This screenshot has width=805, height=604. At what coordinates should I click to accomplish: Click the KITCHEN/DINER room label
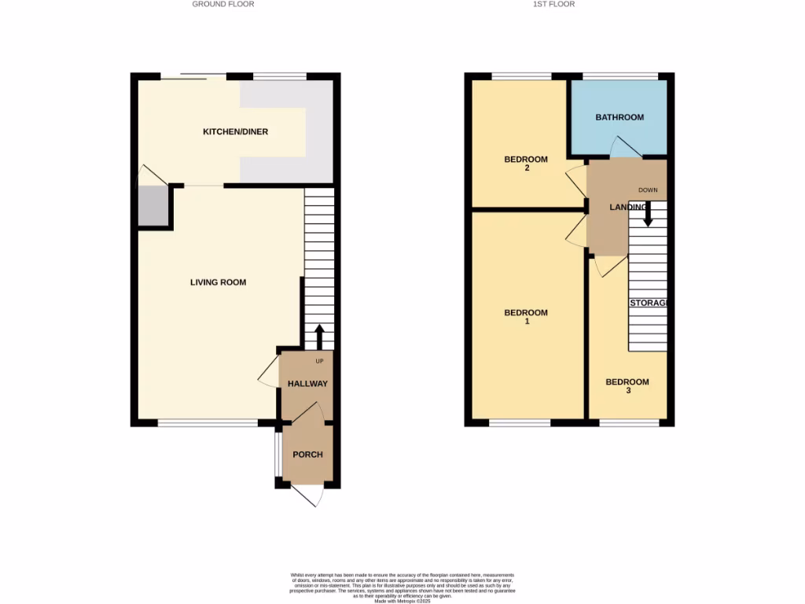pyautogui.click(x=235, y=131)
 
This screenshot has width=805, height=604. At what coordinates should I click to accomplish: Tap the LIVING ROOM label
pyautogui.click(x=218, y=282)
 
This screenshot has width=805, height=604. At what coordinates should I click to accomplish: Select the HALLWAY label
pyautogui.click(x=307, y=384)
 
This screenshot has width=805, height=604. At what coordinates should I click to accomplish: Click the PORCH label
pyautogui.click(x=307, y=455)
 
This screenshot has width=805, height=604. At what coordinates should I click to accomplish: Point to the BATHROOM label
pyautogui.click(x=619, y=117)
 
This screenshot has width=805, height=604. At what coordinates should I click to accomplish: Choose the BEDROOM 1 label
pyautogui.click(x=525, y=317)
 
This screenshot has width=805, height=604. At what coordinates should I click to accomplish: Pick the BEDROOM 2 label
pyautogui.click(x=525, y=164)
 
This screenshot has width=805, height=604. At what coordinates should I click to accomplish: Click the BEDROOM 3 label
pyautogui.click(x=627, y=386)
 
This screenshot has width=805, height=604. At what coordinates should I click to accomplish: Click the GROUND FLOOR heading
pyautogui.click(x=223, y=4)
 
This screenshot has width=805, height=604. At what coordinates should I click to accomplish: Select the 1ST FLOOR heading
pyautogui.click(x=554, y=4)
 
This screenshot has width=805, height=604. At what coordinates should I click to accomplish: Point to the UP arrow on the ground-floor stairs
pyautogui.click(x=319, y=337)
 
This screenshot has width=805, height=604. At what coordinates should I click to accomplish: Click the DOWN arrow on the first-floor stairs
pyautogui.click(x=648, y=214)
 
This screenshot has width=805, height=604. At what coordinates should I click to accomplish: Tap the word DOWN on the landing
pyautogui.click(x=648, y=190)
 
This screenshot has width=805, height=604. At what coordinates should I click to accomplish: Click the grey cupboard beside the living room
pyautogui.click(x=153, y=207)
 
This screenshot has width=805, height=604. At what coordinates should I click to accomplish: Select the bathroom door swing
pyautogui.click(x=626, y=147)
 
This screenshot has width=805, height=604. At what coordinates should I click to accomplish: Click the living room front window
pyautogui.click(x=208, y=423)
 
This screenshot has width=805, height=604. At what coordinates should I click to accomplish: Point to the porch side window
pyautogui.click(x=276, y=455)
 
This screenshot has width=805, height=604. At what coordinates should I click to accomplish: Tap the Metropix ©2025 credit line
pyautogui.click(x=402, y=601)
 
